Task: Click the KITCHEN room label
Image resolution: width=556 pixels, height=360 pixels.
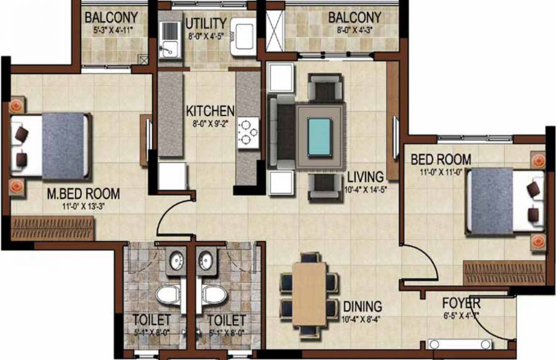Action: [x=210, y=111]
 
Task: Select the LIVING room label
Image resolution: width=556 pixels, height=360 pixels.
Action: [x=365, y=177]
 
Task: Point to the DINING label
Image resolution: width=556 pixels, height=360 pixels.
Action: [x=362, y=307]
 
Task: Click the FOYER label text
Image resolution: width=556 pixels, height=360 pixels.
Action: [x=461, y=302]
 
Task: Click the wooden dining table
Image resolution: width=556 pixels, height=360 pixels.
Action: [x=309, y=294]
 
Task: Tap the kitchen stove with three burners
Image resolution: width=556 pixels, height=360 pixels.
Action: [x=248, y=132]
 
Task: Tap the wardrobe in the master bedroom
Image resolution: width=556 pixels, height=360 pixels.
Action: [x=53, y=228]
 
